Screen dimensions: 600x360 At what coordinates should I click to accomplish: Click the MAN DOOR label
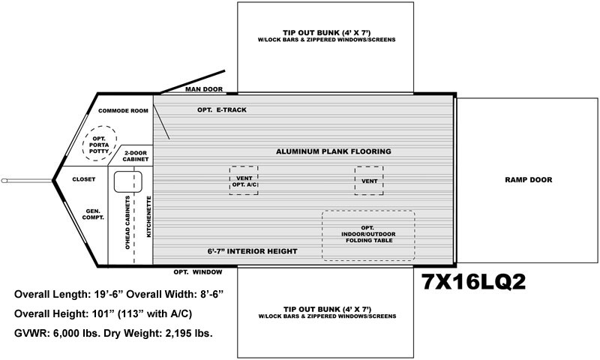coord(204,89)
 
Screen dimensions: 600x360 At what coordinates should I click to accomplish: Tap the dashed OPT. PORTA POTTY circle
coord(100,126)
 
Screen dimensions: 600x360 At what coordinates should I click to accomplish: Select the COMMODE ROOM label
coord(123,111)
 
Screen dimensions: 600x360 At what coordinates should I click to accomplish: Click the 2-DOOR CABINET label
coord(136,156)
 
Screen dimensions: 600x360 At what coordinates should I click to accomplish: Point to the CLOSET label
coord(84,179)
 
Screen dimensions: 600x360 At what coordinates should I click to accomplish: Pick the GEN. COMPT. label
coord(93,214)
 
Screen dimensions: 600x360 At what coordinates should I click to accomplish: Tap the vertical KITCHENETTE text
coord(148,217)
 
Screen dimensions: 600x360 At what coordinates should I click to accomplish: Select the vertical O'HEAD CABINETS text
coord(127,223)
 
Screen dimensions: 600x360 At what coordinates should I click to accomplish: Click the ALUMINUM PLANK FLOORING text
coord(334,151)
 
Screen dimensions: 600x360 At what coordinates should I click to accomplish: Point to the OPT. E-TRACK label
coord(222,109)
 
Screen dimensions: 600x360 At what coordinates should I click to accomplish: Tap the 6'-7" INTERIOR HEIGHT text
coord(253,251)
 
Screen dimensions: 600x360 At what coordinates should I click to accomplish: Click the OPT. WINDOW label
coord(198,272)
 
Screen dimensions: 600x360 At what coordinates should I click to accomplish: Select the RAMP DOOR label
coord(529,180)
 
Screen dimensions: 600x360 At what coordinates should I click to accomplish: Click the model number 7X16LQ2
coord(474,282)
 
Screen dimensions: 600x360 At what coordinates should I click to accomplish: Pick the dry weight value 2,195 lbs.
coord(189,333)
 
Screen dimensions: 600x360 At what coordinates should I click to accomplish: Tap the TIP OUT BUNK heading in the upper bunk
coord(327,33)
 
